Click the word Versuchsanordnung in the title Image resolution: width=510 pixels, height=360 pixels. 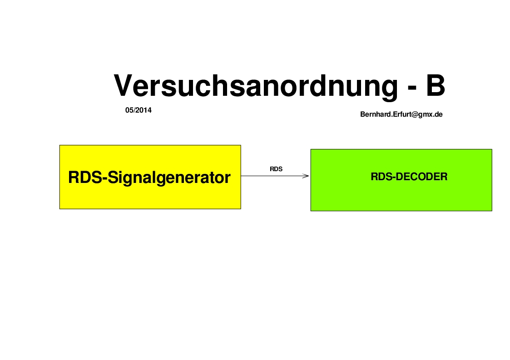pyautogui.click(x=256, y=87)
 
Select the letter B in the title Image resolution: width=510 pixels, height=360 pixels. pyautogui.click(x=436, y=85)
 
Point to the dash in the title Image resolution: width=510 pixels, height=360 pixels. pyautogui.click(x=412, y=88)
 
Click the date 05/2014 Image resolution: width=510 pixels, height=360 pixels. pyautogui.click(x=138, y=110)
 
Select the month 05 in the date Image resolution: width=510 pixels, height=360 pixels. pyautogui.click(x=129, y=110)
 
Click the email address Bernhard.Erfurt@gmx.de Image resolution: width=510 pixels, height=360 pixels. pyautogui.click(x=401, y=114)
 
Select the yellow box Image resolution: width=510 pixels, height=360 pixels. pyautogui.click(x=150, y=177)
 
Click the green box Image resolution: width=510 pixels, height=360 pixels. pyautogui.click(x=401, y=180)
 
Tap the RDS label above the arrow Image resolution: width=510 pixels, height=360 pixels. pyautogui.click(x=276, y=169)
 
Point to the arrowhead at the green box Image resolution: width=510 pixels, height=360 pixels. pyautogui.click(x=308, y=176)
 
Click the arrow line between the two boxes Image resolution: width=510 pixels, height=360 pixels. pyautogui.click(x=275, y=176)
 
